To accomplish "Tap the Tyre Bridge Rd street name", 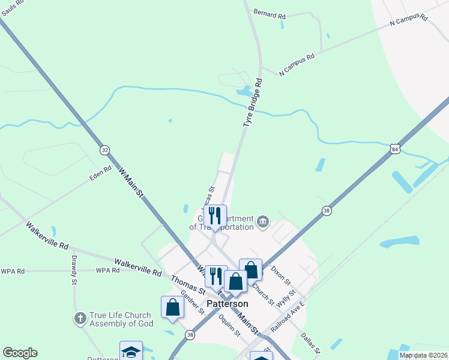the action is (x=253, y=101).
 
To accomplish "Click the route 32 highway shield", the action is (x=105, y=150).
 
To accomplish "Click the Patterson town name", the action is (x=227, y=304).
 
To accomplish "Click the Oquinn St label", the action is (x=230, y=325).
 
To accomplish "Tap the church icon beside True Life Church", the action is (x=80, y=318).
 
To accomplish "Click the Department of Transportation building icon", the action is (x=263, y=223).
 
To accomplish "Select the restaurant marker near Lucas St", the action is (x=215, y=217).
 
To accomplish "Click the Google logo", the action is (x=20, y=353).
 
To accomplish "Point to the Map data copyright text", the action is (x=423, y=355).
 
